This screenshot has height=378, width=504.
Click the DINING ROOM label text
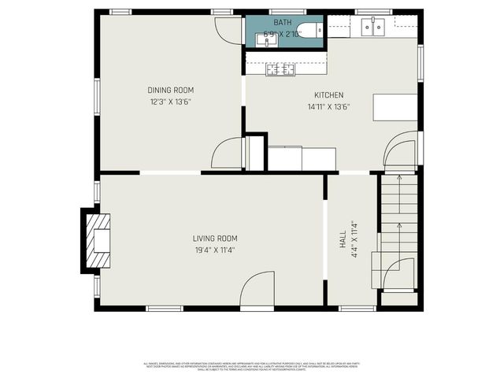click(171, 90)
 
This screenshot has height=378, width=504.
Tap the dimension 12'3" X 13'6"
click(171, 102)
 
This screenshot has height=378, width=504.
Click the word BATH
click(283, 24)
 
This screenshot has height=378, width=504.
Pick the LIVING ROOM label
click(215, 239)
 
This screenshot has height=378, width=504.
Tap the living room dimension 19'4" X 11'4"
click(215, 250)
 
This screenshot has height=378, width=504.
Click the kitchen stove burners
click(280, 70)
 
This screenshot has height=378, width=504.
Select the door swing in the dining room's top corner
click(229, 30)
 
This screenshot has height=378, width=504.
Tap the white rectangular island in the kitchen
click(395, 107)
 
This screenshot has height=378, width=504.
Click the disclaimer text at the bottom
click(252, 366)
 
